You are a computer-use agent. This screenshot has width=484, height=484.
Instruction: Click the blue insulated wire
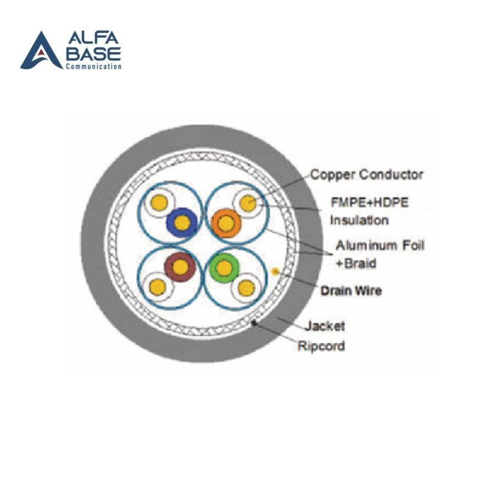(x=182, y=223)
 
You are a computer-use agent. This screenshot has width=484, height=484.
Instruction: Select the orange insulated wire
(x=226, y=223)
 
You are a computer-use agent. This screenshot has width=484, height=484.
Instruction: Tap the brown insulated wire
(x=180, y=267)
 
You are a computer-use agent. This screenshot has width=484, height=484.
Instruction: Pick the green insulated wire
(x=224, y=268)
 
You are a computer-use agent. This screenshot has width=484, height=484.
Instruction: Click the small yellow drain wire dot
(x=274, y=272)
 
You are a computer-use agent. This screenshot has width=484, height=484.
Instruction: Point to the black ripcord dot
(x=254, y=323)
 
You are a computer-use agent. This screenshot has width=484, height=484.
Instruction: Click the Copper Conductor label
(x=367, y=174)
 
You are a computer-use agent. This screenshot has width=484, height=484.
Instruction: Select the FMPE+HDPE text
(x=370, y=202)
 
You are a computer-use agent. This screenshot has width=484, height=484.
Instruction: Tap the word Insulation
(x=359, y=220)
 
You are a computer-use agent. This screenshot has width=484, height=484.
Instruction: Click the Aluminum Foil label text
(x=380, y=245)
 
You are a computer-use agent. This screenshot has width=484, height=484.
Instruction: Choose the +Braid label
(x=356, y=263)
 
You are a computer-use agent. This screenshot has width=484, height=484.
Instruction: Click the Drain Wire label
(x=351, y=290)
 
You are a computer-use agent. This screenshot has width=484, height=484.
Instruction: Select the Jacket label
(x=325, y=326)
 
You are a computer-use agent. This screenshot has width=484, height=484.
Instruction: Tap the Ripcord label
(x=321, y=345)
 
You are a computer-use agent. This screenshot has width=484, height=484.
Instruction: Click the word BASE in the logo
(x=93, y=54)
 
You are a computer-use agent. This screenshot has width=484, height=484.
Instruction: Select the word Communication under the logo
(x=94, y=67)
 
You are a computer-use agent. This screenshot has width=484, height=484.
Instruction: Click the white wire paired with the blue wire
(x=159, y=203)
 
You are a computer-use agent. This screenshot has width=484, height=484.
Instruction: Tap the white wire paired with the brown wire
(x=158, y=287)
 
